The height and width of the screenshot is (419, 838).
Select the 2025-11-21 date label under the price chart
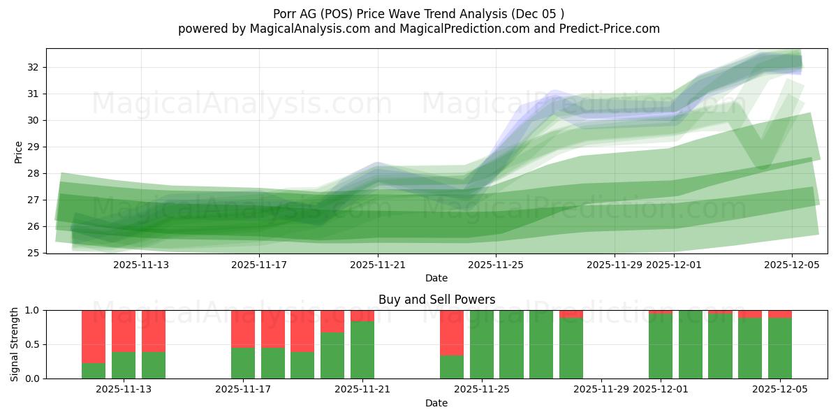pos(378,265)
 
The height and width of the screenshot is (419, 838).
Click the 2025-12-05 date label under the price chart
pos(792,265)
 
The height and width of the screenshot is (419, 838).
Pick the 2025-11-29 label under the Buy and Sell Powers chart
pos(601,390)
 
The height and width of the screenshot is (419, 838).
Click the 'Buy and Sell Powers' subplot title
pos(436,300)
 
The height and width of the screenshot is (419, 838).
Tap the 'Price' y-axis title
pos(18,152)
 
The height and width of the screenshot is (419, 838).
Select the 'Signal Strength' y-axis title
pos(15,344)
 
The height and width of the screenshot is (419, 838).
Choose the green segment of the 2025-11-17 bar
pos(243,363)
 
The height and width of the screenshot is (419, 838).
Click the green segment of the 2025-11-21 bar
pos(362,350)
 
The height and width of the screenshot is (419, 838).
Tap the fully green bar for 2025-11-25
pos(482,344)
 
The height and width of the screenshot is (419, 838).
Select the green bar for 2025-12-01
pos(661,346)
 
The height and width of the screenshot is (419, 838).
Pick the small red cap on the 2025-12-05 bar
pos(780,314)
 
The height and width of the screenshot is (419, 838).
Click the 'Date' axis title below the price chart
pos(436,278)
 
